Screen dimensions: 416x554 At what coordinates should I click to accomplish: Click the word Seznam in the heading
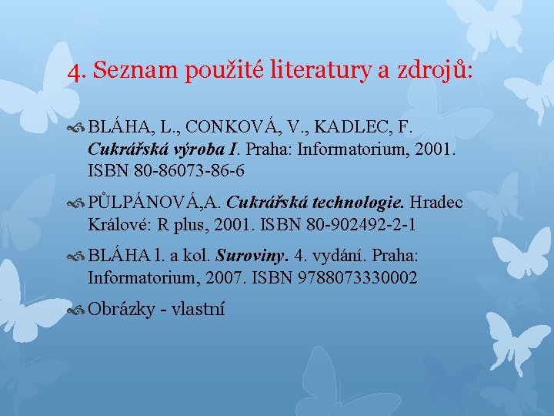click(x=135, y=72)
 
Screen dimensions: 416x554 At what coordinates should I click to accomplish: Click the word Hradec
click(x=436, y=203)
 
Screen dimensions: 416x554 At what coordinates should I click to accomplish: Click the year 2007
click(x=224, y=277)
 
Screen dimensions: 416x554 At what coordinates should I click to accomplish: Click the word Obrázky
click(x=120, y=310)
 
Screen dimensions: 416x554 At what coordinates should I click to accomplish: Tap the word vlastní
click(x=198, y=310)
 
